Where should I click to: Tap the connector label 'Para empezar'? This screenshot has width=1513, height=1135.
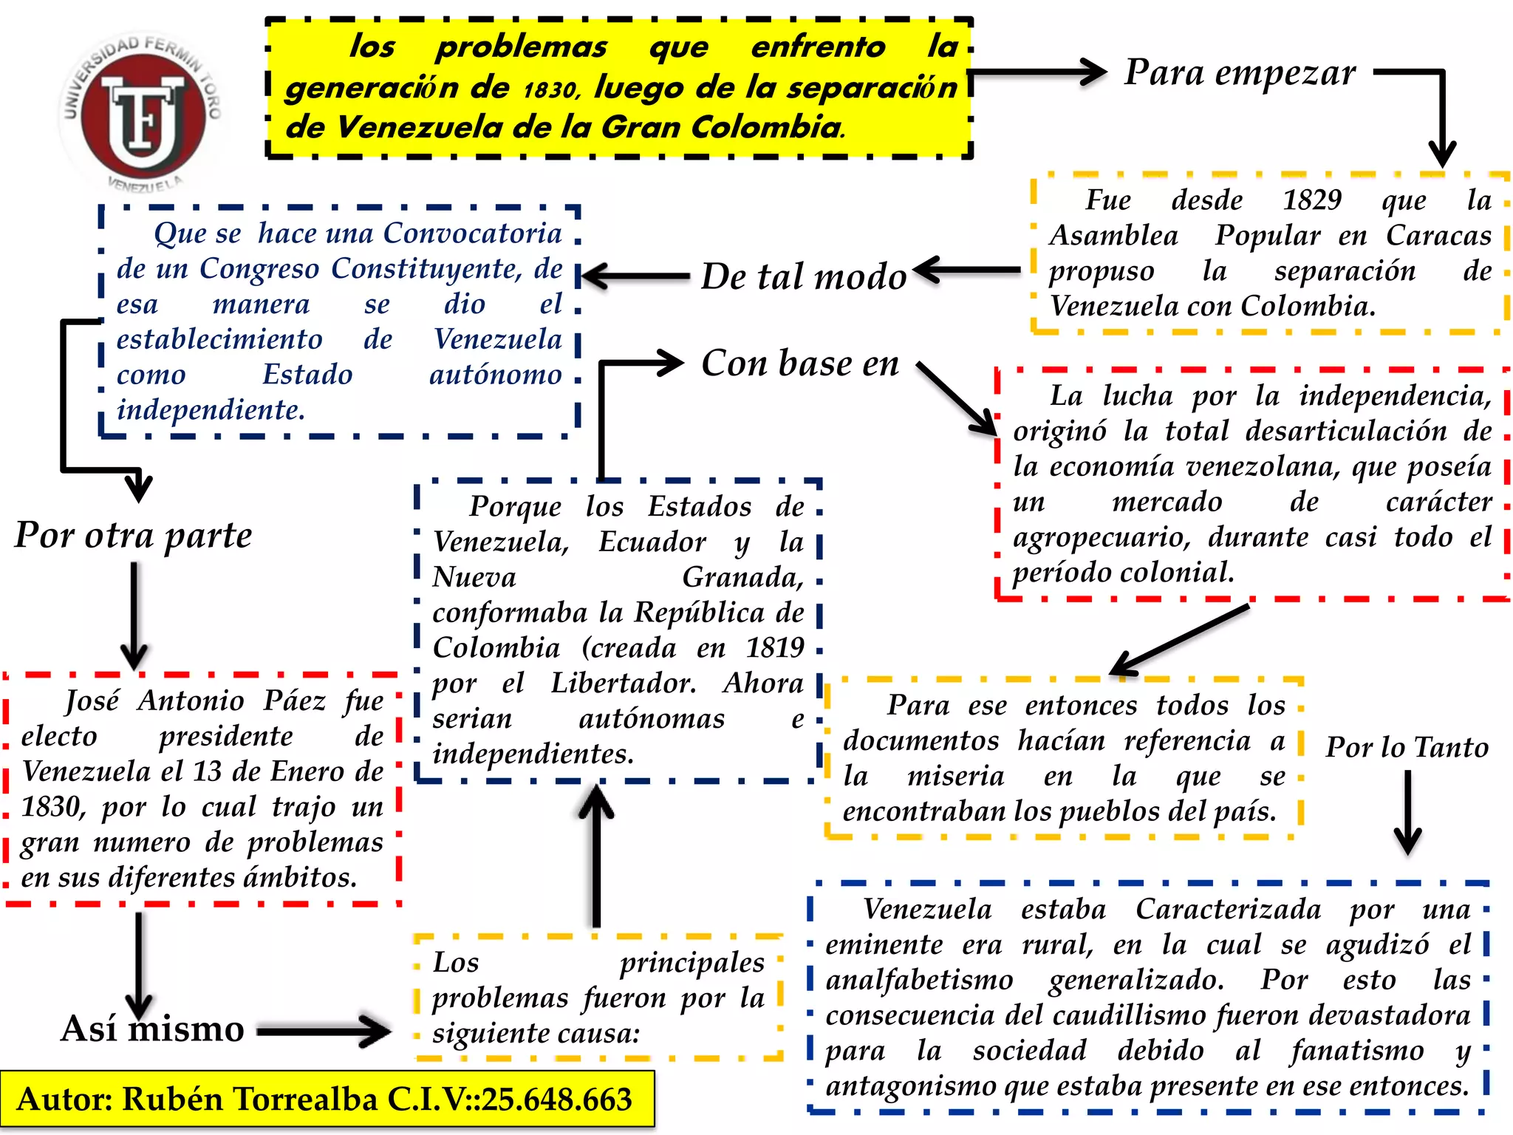pyautogui.click(x=1240, y=73)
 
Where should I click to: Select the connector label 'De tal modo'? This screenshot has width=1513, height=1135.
pyautogui.click(x=803, y=277)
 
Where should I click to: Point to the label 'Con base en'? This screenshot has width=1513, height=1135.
pyautogui.click(x=800, y=364)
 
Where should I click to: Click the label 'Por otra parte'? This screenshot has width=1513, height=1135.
pyautogui.click(x=134, y=536)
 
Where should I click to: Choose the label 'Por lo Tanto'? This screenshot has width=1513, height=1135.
pyautogui.click(x=1407, y=748)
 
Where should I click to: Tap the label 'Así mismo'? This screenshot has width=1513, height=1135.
pyautogui.click(x=152, y=1029)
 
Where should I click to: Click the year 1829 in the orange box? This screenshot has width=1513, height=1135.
pyautogui.click(x=1312, y=200)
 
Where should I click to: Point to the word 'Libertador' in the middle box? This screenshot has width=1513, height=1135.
pyautogui.click(x=623, y=684)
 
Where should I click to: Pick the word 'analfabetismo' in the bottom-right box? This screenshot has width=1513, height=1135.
pyautogui.click(x=919, y=981)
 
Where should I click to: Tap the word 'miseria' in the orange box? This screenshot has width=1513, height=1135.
pyautogui.click(x=955, y=777)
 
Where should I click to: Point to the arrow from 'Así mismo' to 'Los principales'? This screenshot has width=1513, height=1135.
pyautogui.click(x=324, y=1031)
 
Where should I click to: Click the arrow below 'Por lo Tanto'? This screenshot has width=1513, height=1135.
pyautogui.click(x=1407, y=813)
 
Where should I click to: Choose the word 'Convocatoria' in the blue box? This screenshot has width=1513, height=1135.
pyautogui.click(x=473, y=234)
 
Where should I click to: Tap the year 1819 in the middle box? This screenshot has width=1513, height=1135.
pyautogui.click(x=774, y=648)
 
